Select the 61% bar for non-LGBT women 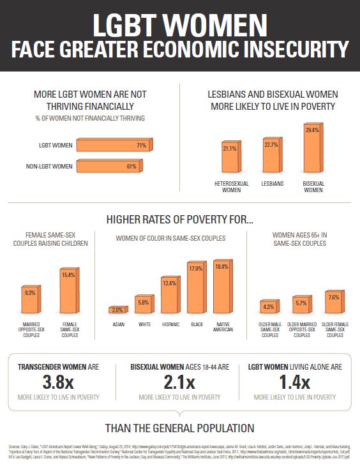[109, 167]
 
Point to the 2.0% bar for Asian [117, 310]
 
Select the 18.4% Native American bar [222, 287]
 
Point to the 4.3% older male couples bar [269, 306]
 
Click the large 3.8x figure [59, 382]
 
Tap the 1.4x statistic [294, 382]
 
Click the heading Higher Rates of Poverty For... [179, 221]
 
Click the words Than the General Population [179, 427]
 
